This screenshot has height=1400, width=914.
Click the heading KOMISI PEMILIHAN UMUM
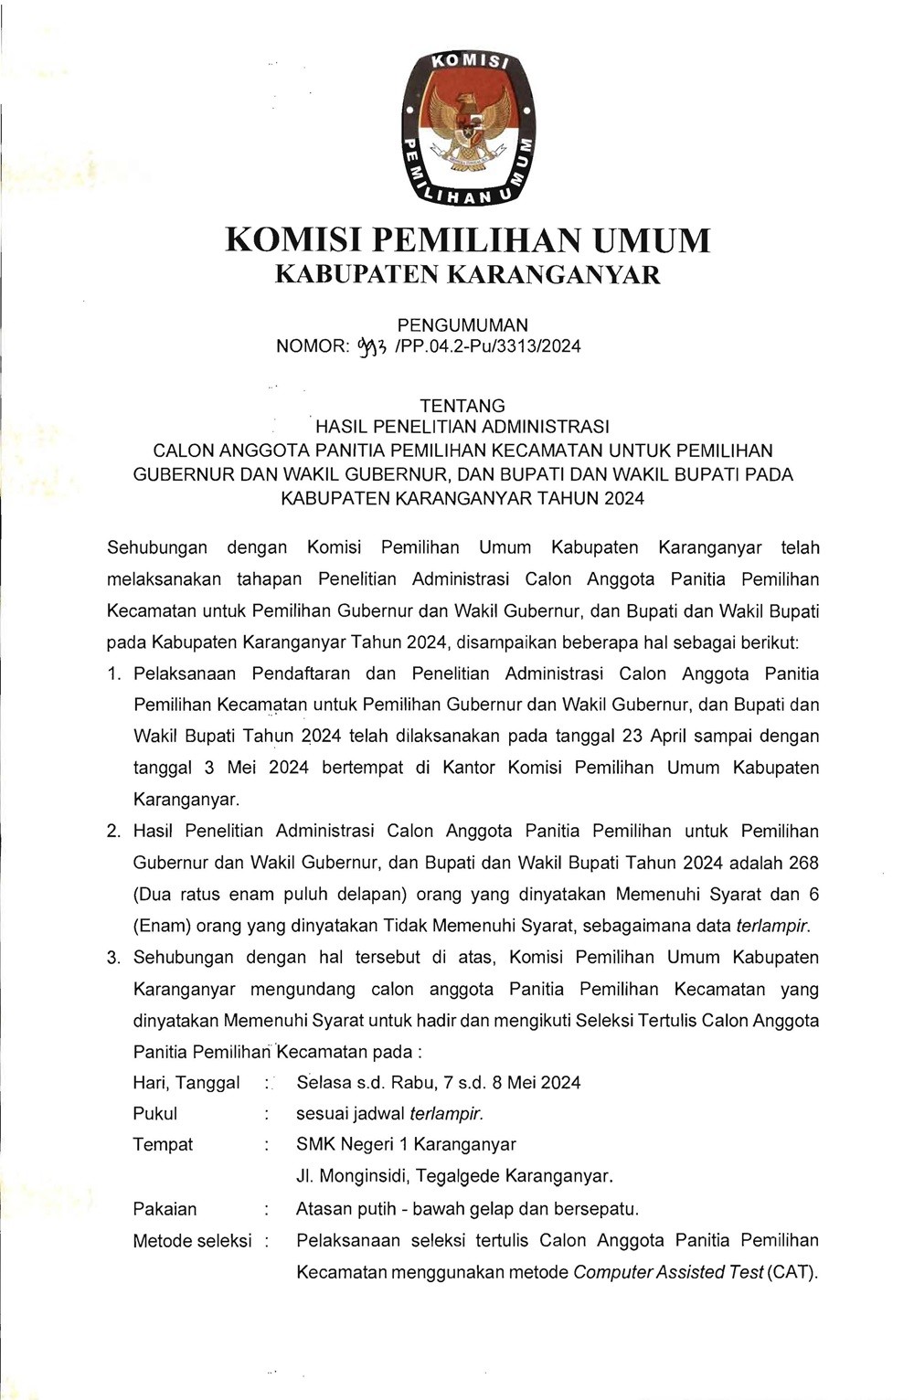[x=467, y=239]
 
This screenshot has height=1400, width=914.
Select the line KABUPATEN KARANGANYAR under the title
[x=467, y=274]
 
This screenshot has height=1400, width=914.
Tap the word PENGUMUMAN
[x=462, y=324]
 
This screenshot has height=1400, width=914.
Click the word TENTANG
[x=462, y=405]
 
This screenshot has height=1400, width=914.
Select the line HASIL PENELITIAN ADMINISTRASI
[x=462, y=427]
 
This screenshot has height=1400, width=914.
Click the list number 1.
[x=113, y=674]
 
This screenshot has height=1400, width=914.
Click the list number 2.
[x=113, y=832]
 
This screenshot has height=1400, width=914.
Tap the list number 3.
[x=113, y=958]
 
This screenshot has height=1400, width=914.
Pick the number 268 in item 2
[x=803, y=863]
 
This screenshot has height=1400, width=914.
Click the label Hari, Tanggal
[x=186, y=1083]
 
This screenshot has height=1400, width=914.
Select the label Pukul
[x=155, y=1114]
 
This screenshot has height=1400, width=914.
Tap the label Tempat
[x=163, y=1145]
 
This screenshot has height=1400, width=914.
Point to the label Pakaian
[x=165, y=1209]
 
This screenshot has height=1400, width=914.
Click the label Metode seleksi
[x=192, y=1241]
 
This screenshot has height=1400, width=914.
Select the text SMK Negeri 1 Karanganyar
[x=406, y=1145]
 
